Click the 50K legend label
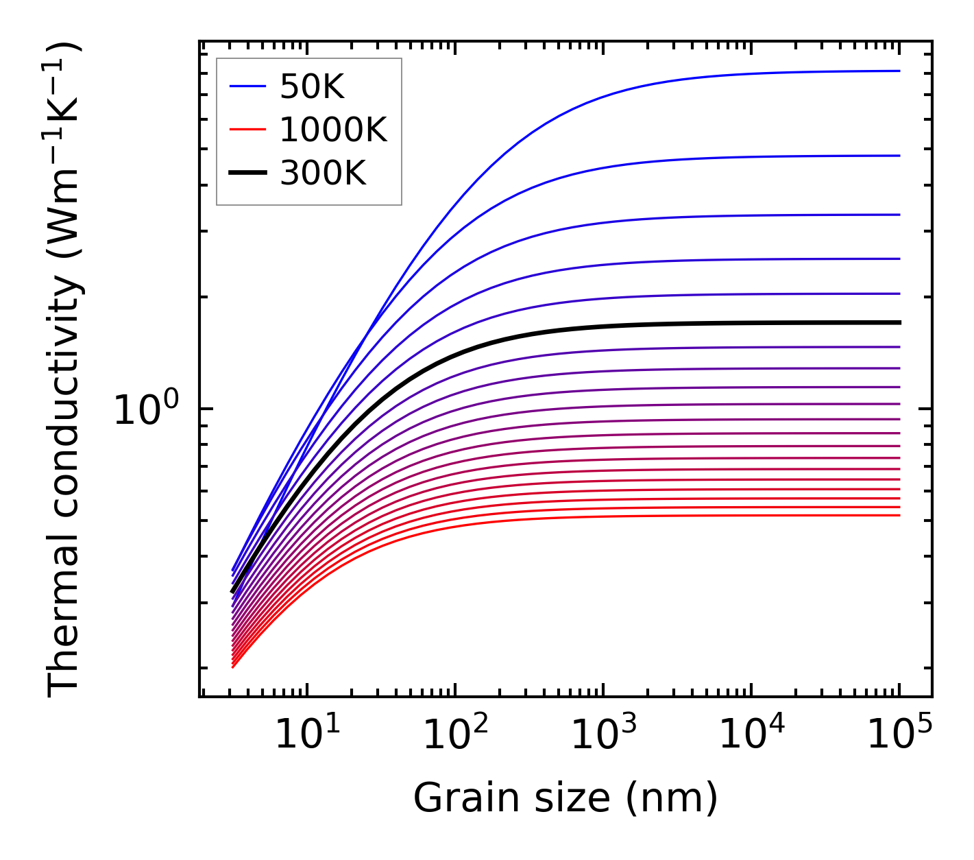312,86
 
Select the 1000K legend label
333,130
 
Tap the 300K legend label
323,174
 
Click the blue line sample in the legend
247,86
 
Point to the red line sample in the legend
247,130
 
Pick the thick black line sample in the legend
247,174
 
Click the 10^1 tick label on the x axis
306,734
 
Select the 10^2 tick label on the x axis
454,734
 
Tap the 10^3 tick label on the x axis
602,734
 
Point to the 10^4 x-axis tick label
751,734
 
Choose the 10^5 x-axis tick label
899,734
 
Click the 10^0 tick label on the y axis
145,409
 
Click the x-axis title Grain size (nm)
565,798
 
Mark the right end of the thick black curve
899,322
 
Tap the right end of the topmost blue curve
899,71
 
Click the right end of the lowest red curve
899,515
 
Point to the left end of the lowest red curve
233,667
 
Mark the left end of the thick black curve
232,591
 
